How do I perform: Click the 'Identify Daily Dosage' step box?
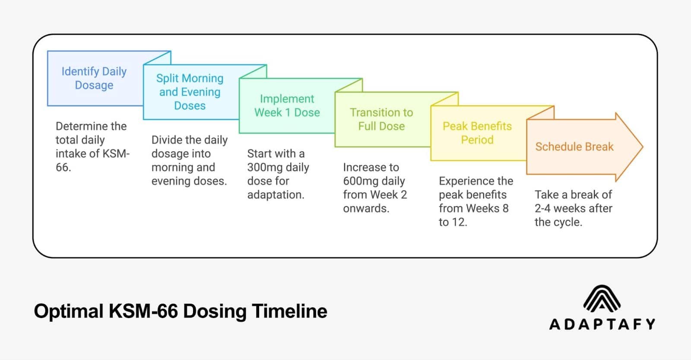[94, 78]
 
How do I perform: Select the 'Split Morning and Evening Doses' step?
[190, 92]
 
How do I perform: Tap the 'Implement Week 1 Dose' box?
[287, 106]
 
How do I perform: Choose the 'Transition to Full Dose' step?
[381, 119]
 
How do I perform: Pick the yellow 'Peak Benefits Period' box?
[477, 133]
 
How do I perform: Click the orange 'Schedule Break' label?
[574, 147]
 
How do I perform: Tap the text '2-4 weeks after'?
[573, 208]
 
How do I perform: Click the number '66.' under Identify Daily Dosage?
[63, 167]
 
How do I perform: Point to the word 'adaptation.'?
[276, 195]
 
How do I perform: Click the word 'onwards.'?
[366, 208]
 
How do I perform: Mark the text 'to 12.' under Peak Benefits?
[453, 222]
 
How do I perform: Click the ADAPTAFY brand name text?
[602, 324]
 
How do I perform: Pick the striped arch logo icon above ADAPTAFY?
[602, 299]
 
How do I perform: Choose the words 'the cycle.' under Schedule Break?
[558, 222]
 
